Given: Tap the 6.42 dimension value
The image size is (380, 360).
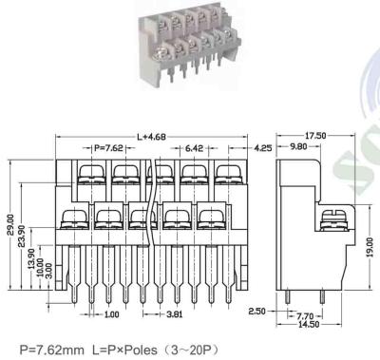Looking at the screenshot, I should click(195, 148).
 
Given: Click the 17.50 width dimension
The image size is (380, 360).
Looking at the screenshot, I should click(313, 136).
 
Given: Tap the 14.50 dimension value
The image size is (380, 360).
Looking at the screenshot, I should click(307, 325).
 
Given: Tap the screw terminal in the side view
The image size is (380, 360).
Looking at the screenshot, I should click(333, 220).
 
